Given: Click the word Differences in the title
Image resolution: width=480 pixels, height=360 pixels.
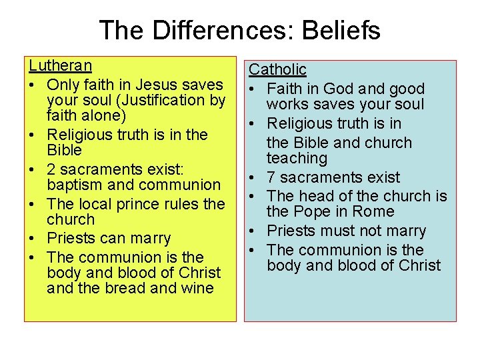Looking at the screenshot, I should (223, 30).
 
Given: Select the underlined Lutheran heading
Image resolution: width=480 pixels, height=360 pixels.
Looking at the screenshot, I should (60, 66).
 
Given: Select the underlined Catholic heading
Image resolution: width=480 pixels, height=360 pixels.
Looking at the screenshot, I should (277, 69).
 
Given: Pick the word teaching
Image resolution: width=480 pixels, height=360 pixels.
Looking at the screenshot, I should (297, 159).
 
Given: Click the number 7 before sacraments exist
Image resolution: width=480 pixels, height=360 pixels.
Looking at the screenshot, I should (271, 177).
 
